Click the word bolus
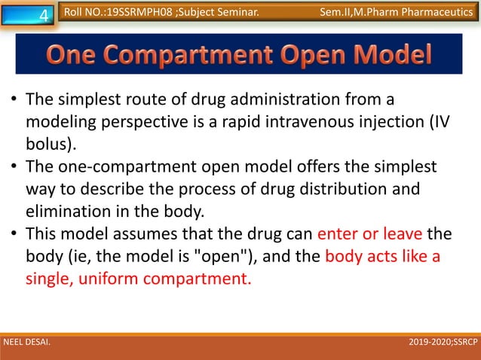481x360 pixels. [48, 142]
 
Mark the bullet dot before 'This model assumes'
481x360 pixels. [13, 228]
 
